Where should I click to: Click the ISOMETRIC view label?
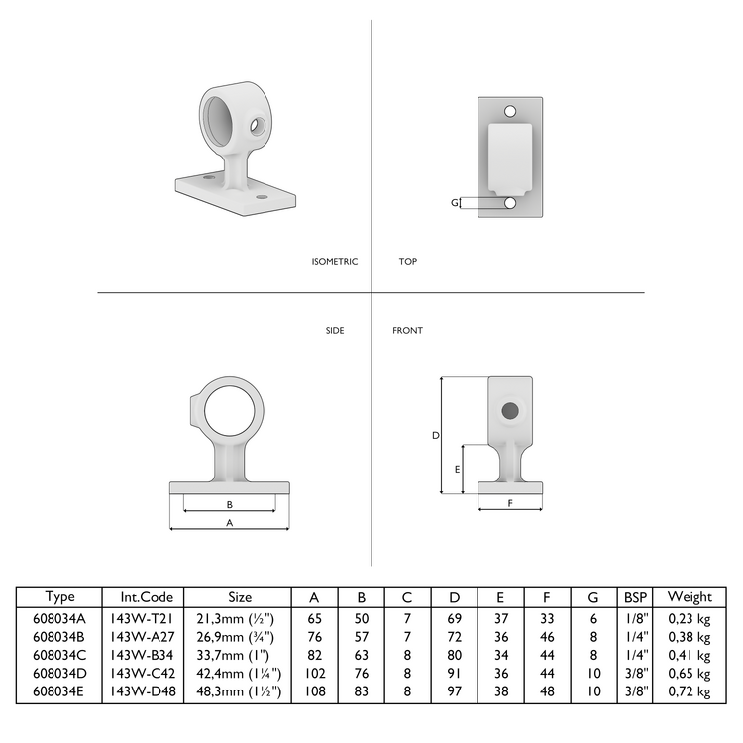pyautogui.click(x=334, y=262)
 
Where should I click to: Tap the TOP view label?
pyautogui.click(x=408, y=262)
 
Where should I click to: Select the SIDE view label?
pyautogui.click(x=335, y=330)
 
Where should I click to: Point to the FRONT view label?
pyautogui.click(x=407, y=330)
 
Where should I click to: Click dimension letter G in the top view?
pyautogui.click(x=455, y=203)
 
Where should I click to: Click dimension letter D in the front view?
pyautogui.click(x=435, y=435)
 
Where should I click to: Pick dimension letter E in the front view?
pyautogui.click(x=457, y=469)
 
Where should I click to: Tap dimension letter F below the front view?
pyautogui.click(x=510, y=503)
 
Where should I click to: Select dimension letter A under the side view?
pyautogui.click(x=230, y=521)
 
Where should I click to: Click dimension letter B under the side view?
pyautogui.click(x=230, y=504)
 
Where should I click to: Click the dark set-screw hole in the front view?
pyautogui.click(x=510, y=410)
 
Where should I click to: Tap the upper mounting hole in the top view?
pyautogui.click(x=511, y=111)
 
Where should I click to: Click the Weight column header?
pyautogui.click(x=690, y=597)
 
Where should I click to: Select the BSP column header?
pyautogui.click(x=634, y=597)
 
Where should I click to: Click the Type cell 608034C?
pyautogui.click(x=60, y=653)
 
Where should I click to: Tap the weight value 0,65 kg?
pyautogui.click(x=690, y=671)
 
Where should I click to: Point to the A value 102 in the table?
pyautogui.click(x=314, y=671)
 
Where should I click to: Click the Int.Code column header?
pyautogui.click(x=149, y=597)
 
